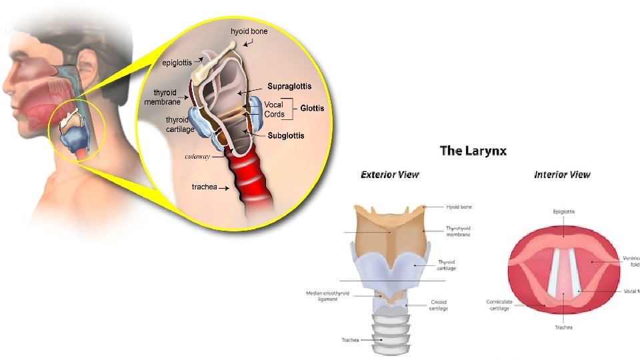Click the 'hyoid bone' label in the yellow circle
(250, 31)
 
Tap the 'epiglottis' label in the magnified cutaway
(179, 63)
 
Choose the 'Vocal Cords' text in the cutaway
(274, 109)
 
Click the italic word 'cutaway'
(197, 157)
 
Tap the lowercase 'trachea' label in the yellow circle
(206, 187)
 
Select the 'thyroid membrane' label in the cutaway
(164, 97)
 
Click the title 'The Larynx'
(473, 151)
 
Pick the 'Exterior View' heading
(389, 175)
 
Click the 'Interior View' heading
(562, 175)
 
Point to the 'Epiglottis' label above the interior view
(564, 211)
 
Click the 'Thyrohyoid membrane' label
(459, 231)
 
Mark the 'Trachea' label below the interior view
(563, 327)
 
